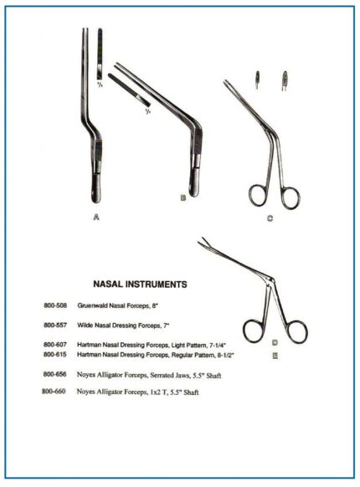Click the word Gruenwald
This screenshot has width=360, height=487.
[x=95, y=306]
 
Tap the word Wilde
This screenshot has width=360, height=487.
[x=88, y=325]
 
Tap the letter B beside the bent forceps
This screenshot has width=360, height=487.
[x=183, y=197]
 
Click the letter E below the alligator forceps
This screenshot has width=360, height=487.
[x=275, y=354]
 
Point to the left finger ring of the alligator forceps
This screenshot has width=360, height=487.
[x=253, y=329]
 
